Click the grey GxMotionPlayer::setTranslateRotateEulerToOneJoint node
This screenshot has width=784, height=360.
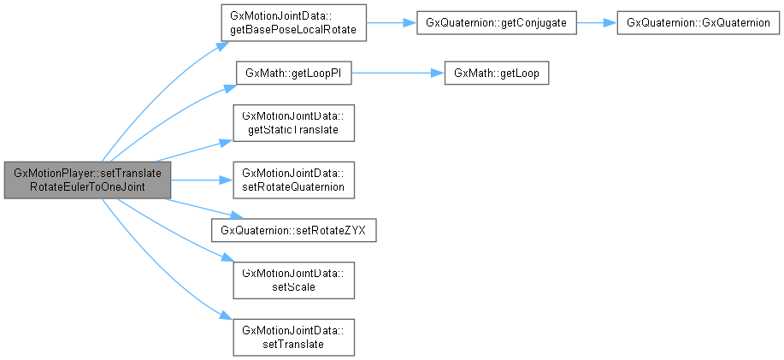click(87, 180)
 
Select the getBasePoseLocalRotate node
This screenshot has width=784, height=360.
click(293, 24)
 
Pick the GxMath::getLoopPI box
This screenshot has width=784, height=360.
click(293, 73)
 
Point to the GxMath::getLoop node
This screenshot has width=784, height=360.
click(496, 73)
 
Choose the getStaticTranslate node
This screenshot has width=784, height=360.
click(293, 122)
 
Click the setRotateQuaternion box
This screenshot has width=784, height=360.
click(293, 180)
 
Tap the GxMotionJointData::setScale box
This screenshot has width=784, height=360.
click(293, 279)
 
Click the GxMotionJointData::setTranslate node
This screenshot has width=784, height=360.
click(293, 335)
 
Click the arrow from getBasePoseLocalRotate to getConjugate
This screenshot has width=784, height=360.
click(391, 24)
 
